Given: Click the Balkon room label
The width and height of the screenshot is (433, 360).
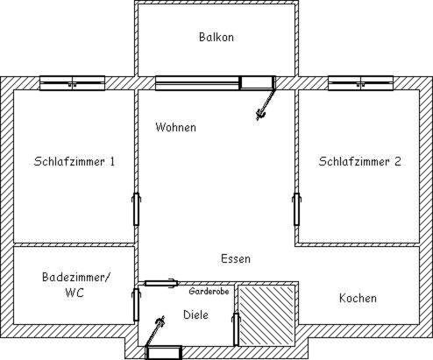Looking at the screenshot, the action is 216,37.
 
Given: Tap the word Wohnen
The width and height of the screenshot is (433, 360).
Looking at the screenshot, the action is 175,127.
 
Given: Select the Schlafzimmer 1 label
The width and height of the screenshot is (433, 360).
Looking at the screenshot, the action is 75,161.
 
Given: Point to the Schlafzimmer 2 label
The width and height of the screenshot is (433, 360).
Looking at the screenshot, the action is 359,161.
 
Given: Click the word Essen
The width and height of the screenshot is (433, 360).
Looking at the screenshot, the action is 236,258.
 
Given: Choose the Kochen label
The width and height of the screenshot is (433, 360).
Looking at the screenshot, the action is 358,298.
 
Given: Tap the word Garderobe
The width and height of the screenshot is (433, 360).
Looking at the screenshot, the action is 209,291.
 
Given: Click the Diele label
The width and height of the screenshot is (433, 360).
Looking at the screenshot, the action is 195,314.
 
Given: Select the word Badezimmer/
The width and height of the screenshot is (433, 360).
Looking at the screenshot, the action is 76,277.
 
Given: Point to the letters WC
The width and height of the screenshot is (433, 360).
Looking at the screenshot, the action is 75,293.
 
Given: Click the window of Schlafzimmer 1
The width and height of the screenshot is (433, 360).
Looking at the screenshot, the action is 72,83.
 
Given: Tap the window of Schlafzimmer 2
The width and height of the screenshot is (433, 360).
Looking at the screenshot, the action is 360,83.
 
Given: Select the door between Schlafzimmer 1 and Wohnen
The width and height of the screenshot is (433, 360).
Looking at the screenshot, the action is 136,209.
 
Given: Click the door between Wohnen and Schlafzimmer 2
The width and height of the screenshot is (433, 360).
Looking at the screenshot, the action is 296,209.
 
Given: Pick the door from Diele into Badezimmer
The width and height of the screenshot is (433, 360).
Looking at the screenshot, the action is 136,305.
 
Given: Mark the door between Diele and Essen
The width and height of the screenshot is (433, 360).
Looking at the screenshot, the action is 161,283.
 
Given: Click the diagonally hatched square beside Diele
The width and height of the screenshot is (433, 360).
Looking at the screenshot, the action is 266,315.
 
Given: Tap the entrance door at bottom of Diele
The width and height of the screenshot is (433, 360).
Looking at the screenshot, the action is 164,353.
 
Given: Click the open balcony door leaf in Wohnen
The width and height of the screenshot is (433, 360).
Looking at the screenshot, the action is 266,104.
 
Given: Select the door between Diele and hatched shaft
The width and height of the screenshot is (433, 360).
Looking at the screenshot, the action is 236,329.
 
